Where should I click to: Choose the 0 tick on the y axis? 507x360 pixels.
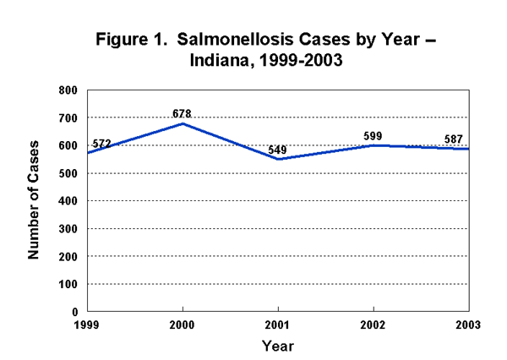pyautogui.click(x=74, y=312)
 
